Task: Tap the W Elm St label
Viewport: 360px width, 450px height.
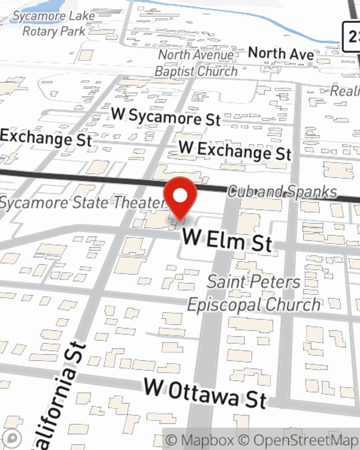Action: coord(227,240)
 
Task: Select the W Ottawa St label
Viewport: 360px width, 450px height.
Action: coord(205,393)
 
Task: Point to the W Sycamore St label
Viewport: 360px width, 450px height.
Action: coord(166,117)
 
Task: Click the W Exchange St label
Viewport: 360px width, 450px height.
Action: coord(235,150)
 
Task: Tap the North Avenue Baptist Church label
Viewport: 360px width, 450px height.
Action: coord(196,63)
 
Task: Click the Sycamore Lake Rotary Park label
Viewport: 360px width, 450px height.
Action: coord(54,24)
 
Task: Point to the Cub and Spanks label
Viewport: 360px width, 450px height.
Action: coord(282,192)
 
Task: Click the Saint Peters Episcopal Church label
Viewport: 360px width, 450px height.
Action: coord(254,293)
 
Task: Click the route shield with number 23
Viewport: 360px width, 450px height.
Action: coord(351,36)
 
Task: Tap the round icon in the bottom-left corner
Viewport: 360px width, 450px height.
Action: coord(12,438)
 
